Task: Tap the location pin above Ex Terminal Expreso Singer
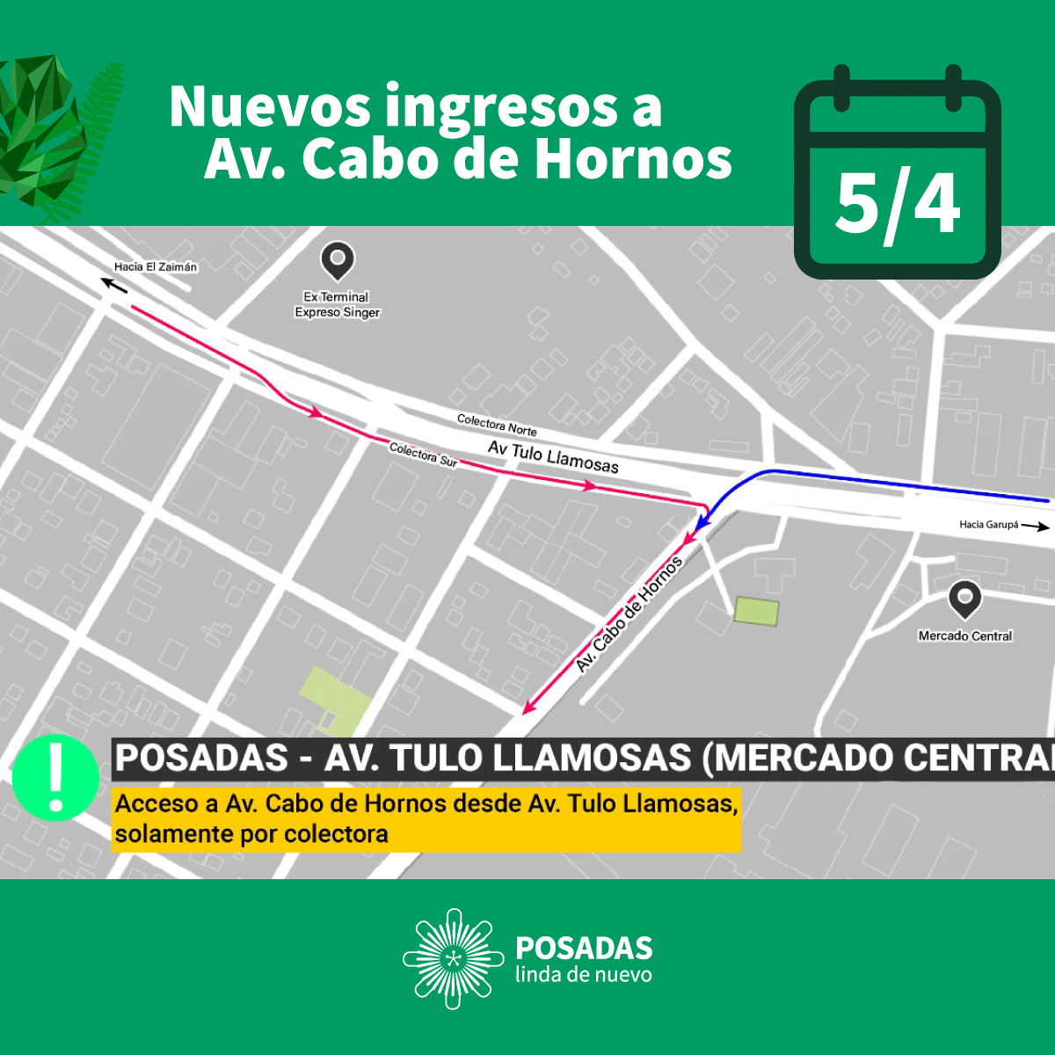[x=337, y=261]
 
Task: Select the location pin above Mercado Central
[x=964, y=600]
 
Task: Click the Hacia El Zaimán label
[x=156, y=266]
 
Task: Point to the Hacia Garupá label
[x=988, y=525]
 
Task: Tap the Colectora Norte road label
[x=497, y=425]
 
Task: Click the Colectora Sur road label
[x=423, y=454]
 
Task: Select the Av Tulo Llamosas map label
[x=553, y=457]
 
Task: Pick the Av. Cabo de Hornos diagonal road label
[x=629, y=615]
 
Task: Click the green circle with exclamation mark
[x=55, y=778]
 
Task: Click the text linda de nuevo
[x=584, y=975]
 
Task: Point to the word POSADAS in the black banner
[x=202, y=758]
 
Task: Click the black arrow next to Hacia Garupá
[x=1037, y=527]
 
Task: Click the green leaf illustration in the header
[x=48, y=132]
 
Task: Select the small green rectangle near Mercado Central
[x=756, y=611]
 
